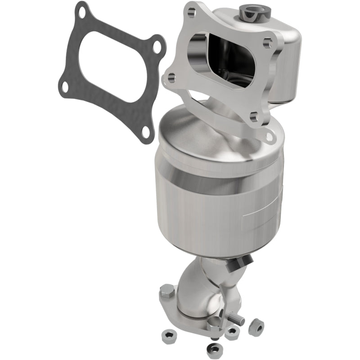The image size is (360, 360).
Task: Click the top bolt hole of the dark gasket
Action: click(82, 13)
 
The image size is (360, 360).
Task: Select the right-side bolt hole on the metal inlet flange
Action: click(268, 43)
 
